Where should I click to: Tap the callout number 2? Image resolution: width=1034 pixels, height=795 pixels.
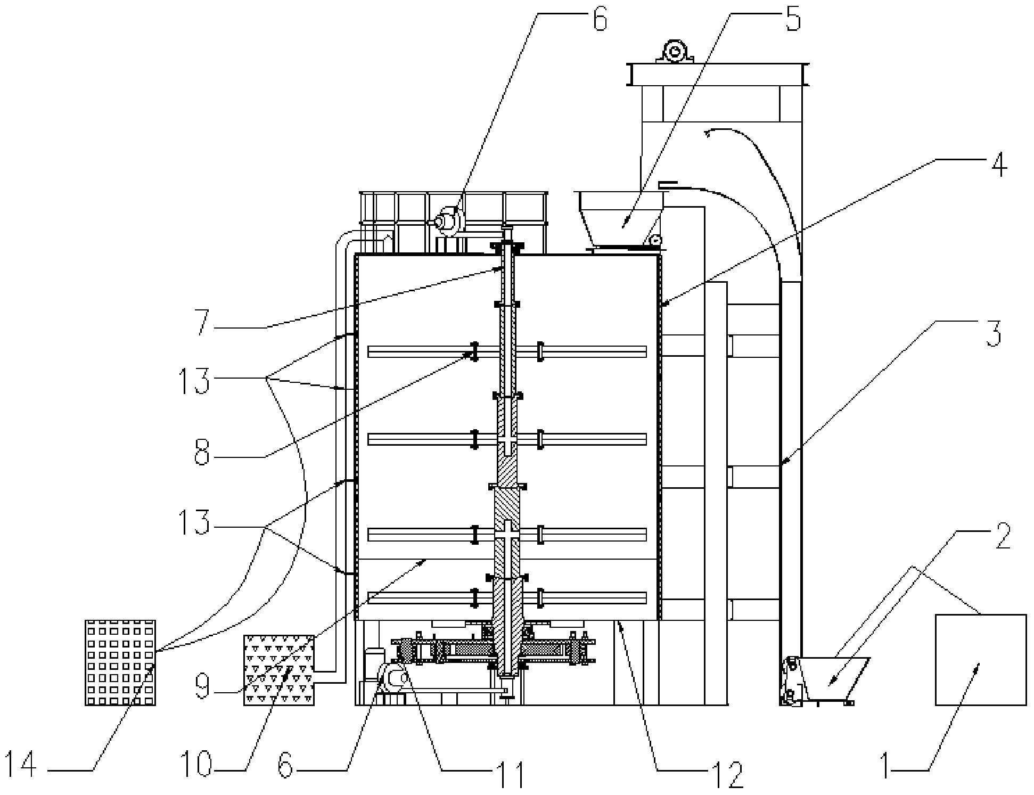pyautogui.click(x=1003, y=536)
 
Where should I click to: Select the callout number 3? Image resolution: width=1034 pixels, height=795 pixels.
pyautogui.click(x=994, y=333)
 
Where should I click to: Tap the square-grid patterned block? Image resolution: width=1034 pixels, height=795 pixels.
pyautogui.click(x=120, y=662)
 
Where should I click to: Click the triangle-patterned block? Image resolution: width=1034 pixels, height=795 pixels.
pyautogui.click(x=279, y=670)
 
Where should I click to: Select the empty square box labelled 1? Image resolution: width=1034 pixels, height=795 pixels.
pyautogui.click(x=981, y=660)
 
